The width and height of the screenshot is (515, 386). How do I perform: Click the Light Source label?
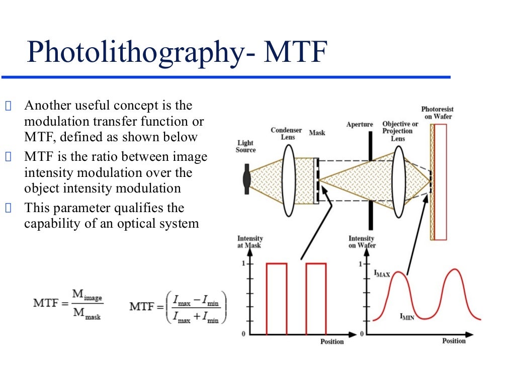(x=246, y=146)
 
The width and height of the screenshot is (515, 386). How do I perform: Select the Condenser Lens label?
(x=286, y=134)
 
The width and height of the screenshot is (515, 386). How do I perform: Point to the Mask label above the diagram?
(x=317, y=133)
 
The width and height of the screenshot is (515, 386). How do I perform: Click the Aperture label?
(x=360, y=124)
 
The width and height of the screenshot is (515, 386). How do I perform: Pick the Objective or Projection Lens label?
(x=400, y=131)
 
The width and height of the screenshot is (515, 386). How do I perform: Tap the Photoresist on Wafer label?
(x=437, y=113)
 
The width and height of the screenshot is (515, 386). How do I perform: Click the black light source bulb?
(x=246, y=178)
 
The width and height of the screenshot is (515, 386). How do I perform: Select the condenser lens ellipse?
(x=288, y=179)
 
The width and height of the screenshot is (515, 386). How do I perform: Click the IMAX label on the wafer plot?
(x=382, y=274)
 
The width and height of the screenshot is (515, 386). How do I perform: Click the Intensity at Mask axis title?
(x=249, y=242)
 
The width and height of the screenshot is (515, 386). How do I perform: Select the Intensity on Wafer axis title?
(x=361, y=242)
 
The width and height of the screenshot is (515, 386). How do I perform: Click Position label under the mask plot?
(x=332, y=342)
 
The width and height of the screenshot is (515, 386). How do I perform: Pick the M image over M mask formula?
(x=68, y=304)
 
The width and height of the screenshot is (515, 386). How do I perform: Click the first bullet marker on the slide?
(x=8, y=106)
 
